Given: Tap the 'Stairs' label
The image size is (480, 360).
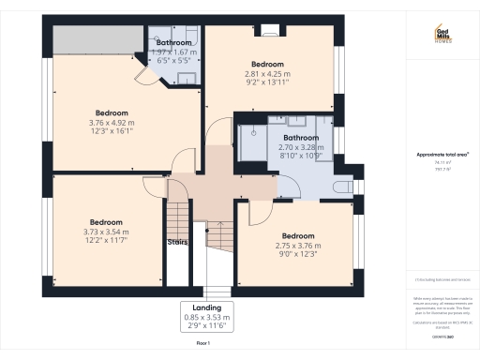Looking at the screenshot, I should click(x=177, y=242).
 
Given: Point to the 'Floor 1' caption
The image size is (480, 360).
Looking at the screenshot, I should click(x=203, y=345).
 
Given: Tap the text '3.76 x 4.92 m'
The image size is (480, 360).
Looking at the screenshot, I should click(x=112, y=122).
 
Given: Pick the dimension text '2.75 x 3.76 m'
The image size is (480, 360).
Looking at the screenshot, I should click(x=297, y=246).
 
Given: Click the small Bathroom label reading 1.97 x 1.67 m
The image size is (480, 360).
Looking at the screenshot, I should click(x=174, y=43).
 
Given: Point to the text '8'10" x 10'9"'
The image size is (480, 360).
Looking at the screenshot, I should click(x=301, y=157).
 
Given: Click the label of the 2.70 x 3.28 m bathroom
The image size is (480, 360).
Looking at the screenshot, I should click(x=301, y=138).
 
